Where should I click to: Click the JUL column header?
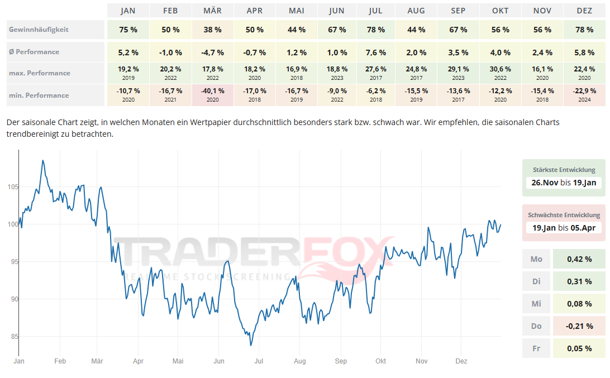click(375, 11)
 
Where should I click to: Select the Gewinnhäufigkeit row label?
click(39, 30)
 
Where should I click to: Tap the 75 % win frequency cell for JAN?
click(128, 30)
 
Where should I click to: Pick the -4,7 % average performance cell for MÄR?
click(212, 52)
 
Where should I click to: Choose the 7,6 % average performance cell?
click(375, 52)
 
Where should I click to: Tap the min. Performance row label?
click(39, 95)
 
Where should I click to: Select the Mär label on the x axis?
click(98, 361)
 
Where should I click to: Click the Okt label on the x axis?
click(381, 361)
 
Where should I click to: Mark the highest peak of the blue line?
click(43, 160)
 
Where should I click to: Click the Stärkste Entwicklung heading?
click(564, 170)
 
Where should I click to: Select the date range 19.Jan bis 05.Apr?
click(564, 227)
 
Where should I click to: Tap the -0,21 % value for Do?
click(579, 326)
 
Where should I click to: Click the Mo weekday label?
click(536, 259)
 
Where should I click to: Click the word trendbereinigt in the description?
click(34, 134)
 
